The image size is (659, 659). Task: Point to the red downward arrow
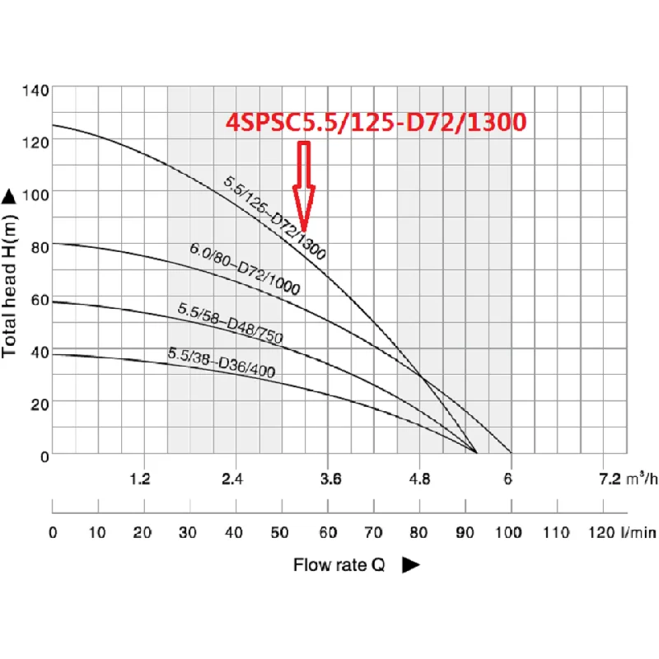[305, 186]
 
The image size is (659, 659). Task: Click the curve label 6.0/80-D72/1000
[245, 269]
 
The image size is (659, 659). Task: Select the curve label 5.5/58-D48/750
[230, 324]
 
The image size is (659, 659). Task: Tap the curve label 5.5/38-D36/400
[222, 362]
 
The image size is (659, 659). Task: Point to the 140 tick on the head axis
[40, 88]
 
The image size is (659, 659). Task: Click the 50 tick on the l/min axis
[282, 533]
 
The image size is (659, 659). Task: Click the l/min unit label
[640, 533]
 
